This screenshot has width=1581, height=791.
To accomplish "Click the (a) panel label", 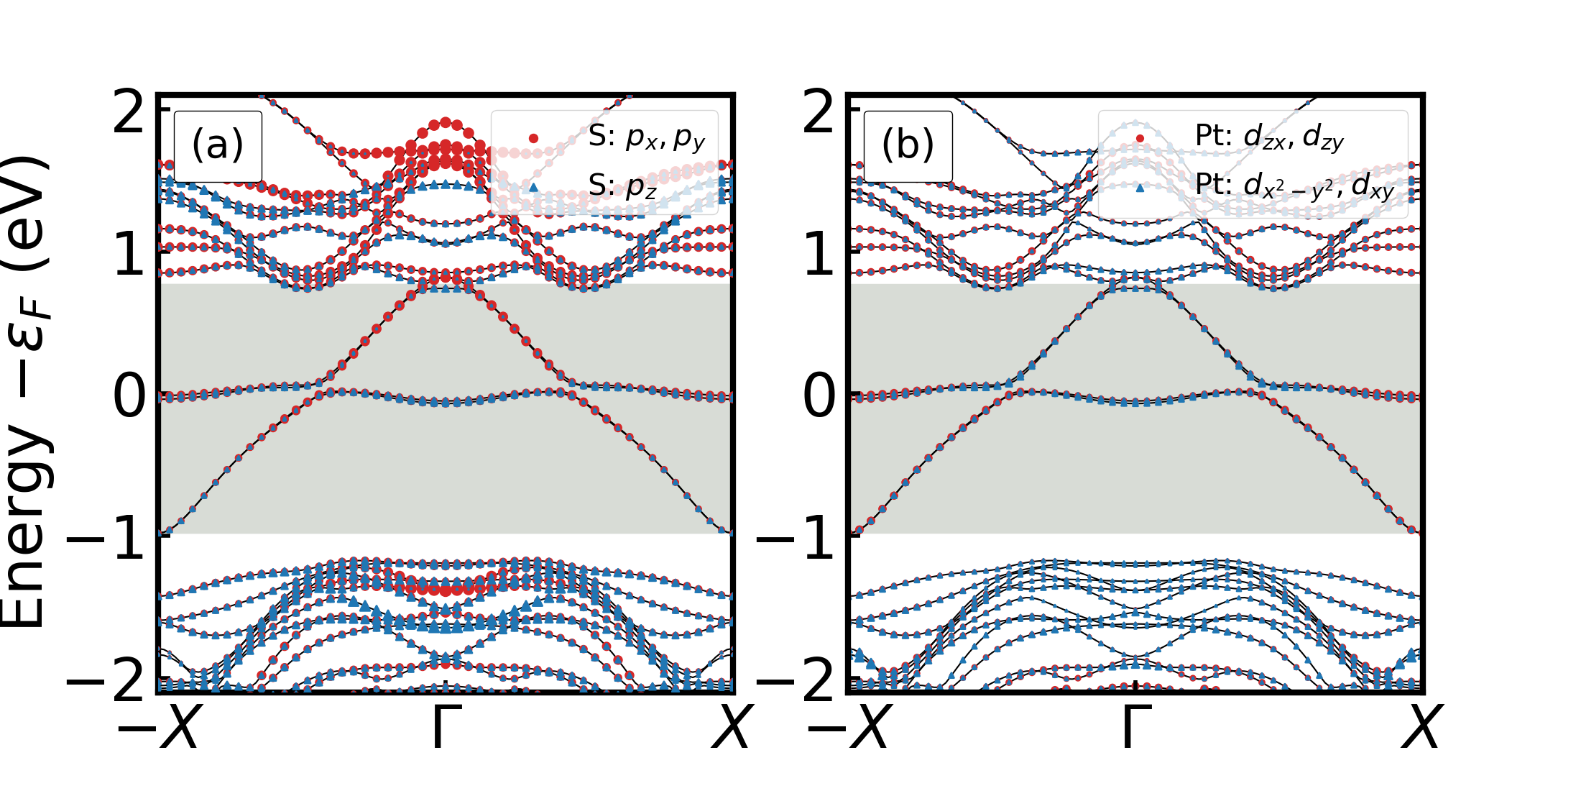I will point(218,145).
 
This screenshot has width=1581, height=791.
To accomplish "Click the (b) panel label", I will point(908,145).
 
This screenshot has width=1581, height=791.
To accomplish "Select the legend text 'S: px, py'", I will point(646,137).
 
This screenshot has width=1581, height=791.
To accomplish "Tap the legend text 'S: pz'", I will point(622,186).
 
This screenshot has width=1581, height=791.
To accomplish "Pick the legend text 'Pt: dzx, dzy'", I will point(1269,136).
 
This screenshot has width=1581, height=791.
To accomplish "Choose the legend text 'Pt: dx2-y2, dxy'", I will point(1294,186).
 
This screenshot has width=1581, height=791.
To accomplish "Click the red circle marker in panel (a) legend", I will point(533,138).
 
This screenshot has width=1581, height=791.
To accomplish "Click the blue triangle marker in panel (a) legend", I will point(533,187).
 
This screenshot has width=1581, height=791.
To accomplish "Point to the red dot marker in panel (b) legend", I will point(1140,138).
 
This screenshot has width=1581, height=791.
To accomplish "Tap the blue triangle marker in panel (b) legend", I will point(1140,188).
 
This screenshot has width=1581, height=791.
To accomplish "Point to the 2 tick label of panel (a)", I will point(129,113).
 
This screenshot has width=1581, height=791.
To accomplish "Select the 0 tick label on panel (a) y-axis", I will point(129,397).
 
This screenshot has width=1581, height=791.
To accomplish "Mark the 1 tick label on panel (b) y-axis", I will point(819,255).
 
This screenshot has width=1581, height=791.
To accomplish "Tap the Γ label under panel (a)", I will point(446,726).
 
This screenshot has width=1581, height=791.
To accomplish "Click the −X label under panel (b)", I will point(849,726).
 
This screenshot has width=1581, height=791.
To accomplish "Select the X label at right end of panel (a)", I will point(732,726).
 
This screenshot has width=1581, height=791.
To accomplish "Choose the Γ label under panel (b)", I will point(1135,726).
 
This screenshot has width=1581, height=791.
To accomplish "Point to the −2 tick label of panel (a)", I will point(108,680).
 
